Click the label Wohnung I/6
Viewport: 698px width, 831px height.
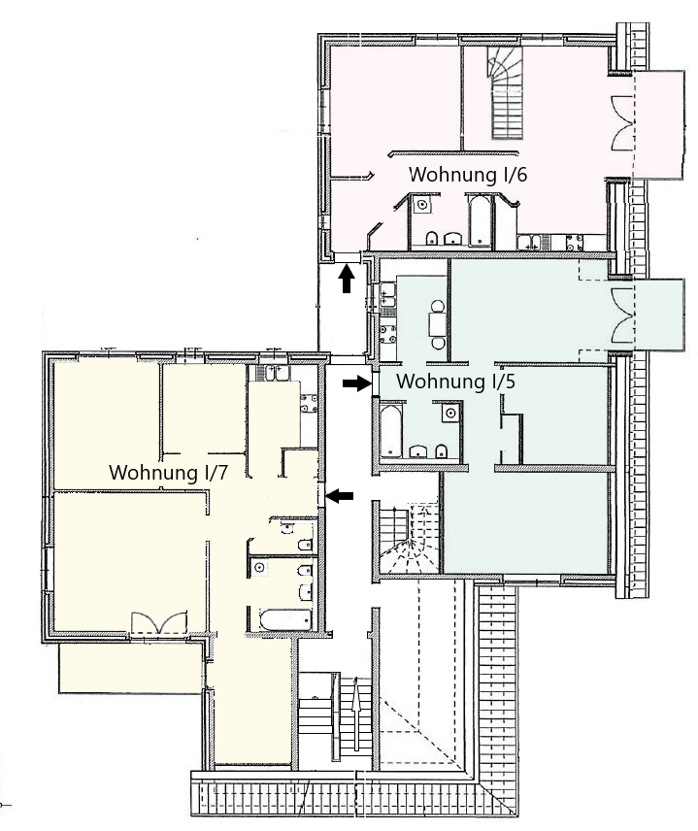[468, 175]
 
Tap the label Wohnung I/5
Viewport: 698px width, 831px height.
[456, 382]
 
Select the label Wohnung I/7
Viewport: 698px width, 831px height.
[168, 472]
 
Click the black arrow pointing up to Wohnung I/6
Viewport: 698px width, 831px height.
[347, 279]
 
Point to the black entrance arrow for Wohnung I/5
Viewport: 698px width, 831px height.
[356, 383]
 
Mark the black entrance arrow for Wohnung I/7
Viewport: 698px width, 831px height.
[340, 496]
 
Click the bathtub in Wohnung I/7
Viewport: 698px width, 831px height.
[285, 619]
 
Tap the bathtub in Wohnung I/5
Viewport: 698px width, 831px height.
[391, 431]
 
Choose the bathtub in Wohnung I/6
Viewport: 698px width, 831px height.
[481, 221]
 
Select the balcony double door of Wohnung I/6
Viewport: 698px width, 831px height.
[623, 123]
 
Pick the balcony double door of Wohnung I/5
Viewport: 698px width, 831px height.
[623, 316]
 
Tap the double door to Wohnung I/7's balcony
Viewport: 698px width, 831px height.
[159, 622]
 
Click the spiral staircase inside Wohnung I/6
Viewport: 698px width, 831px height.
[505, 93]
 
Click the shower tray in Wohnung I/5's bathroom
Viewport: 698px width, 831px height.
[450, 413]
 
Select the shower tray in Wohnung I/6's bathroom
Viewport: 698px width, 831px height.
[422, 205]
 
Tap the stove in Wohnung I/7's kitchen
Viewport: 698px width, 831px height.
[309, 403]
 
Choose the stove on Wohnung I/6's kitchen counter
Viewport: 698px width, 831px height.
[575, 242]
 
